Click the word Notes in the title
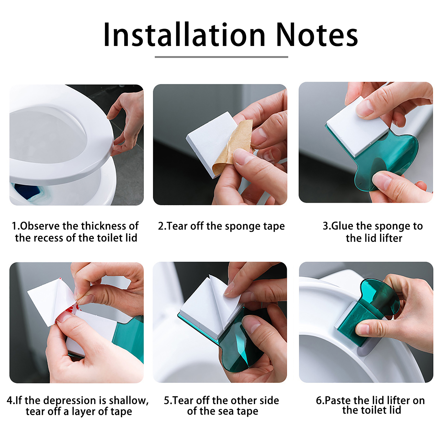317,35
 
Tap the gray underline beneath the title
221,57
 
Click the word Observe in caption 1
40,226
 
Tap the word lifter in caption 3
391,238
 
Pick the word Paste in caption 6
338,400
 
